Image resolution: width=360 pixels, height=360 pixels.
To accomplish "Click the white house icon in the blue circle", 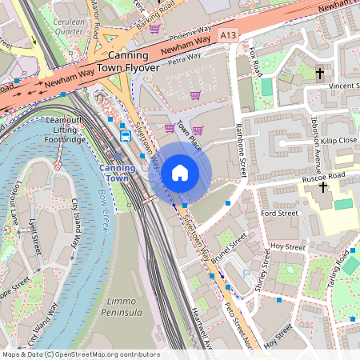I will coord(180,173).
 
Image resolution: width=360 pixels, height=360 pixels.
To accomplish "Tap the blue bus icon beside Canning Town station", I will coord(126,135).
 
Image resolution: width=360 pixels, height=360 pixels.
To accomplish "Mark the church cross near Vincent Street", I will coord(320,73).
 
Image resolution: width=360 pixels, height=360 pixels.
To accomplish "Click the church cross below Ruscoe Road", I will coord(323,187).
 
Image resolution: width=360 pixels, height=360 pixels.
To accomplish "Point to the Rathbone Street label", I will coord(242,155).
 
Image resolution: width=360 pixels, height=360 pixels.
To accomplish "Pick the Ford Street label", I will coord(279,214).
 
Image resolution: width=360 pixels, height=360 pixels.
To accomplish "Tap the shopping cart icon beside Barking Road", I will coord(154,29).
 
